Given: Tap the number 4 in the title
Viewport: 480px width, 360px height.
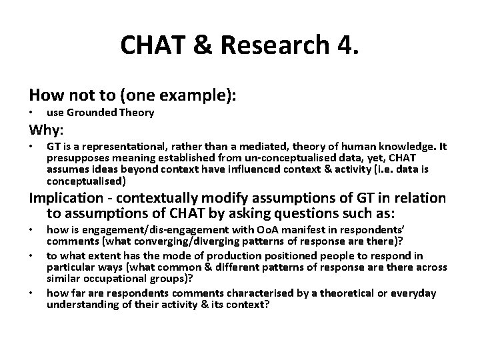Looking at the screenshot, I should click(345, 45).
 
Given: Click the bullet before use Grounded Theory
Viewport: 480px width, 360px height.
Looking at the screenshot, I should click(31, 113).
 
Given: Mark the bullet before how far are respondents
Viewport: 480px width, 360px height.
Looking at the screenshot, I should click(31, 293).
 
